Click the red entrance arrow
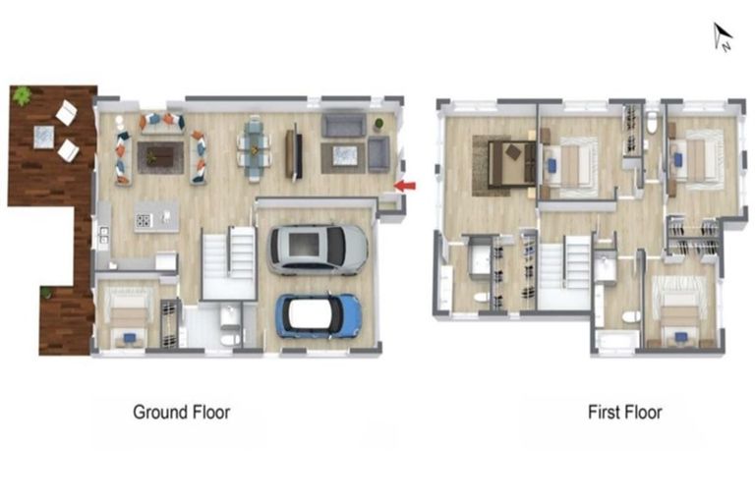point(405,185)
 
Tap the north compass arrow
point(722,37)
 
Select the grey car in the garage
point(317,250)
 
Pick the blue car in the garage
point(319,315)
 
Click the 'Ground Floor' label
point(182,412)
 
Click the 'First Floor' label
point(624,412)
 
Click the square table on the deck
point(44,136)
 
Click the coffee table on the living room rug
point(159,154)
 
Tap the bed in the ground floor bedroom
point(128,314)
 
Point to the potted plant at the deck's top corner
point(22,95)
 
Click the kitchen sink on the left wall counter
point(103,236)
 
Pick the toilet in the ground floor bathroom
point(228,337)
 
